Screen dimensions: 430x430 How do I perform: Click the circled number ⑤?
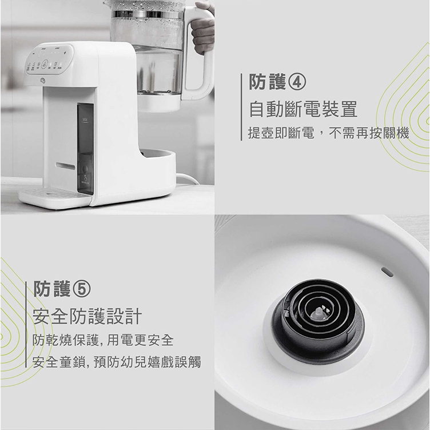(81, 289)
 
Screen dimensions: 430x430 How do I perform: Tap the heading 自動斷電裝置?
(303, 109)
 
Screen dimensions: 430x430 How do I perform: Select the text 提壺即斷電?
(281, 133)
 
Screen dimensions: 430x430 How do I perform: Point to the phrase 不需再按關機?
(369, 133)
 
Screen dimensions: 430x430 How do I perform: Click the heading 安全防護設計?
(87, 316)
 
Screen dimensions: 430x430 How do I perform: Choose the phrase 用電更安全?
(140, 340)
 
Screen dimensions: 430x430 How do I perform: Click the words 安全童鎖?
(59, 362)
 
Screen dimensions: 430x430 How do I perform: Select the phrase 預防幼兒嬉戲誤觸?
(148, 362)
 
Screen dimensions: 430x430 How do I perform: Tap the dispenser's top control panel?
(49, 59)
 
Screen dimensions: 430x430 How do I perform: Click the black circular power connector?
(318, 320)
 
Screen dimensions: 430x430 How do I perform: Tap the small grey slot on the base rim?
(387, 272)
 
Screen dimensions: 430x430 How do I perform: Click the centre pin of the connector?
(318, 313)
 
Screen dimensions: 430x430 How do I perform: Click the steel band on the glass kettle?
(148, 14)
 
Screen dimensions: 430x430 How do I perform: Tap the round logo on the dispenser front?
(43, 81)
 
